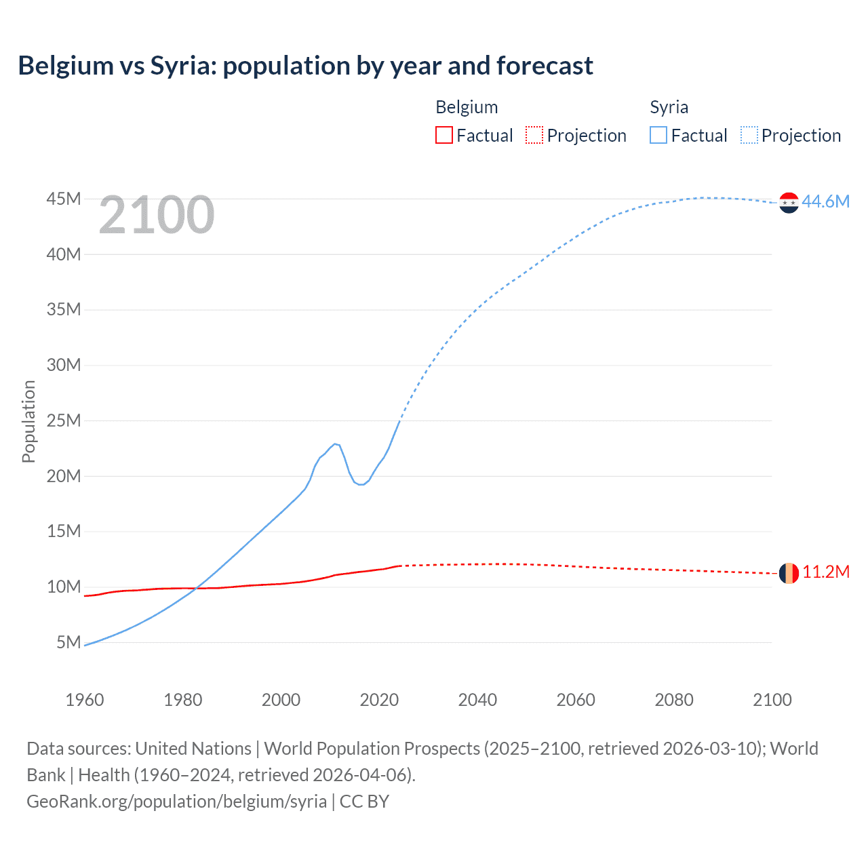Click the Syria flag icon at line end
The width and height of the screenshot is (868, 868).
click(789, 202)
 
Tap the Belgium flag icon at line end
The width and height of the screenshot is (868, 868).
click(789, 573)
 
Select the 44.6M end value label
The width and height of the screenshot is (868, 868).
click(825, 201)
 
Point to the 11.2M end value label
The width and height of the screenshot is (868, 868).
click(825, 572)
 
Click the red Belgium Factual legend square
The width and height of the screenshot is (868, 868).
click(443, 135)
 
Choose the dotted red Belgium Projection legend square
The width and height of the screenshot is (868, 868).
click(534, 135)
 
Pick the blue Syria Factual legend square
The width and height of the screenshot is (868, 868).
click(658, 135)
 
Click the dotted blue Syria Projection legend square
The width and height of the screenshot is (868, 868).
click(749, 135)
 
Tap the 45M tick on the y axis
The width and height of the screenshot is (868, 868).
click(64, 199)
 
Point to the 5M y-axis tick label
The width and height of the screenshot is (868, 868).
click(68, 642)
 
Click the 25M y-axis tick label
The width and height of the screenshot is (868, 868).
click(64, 420)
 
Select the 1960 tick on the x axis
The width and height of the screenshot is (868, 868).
click(85, 700)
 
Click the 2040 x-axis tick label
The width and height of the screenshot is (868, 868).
click(477, 700)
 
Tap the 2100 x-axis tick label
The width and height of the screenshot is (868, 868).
click(772, 700)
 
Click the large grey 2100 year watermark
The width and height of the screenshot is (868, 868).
click(157, 215)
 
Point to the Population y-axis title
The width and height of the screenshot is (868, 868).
click(28, 421)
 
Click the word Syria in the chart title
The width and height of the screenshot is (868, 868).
click(181, 66)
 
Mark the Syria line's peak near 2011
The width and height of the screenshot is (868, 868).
click(334, 443)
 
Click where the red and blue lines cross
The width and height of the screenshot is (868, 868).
click(197, 588)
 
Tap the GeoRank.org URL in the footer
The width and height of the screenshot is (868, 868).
click(176, 801)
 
